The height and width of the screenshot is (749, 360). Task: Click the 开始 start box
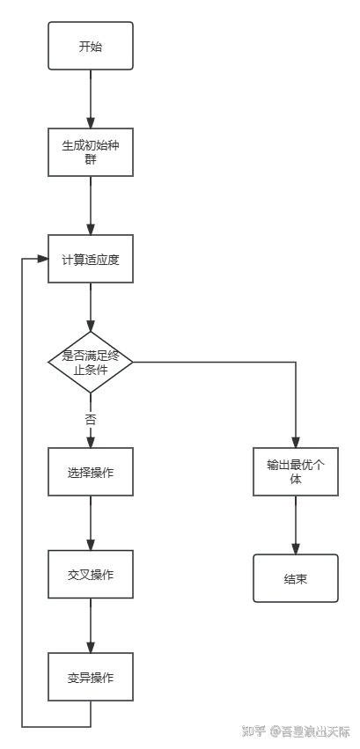90,46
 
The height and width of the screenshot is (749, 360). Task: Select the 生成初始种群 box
90,151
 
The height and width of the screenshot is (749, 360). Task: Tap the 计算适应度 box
90,259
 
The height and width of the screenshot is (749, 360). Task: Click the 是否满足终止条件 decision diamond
90,363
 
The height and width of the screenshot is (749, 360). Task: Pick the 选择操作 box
90,472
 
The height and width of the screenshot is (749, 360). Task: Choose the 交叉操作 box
90,575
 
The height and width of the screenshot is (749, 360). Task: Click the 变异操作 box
90,677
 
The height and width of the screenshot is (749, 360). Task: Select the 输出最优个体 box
296,472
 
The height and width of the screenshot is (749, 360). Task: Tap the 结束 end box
296,578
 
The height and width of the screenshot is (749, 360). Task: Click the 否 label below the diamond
90,419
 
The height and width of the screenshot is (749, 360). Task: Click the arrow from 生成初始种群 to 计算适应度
90,204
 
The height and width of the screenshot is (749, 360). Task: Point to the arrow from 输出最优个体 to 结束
296,525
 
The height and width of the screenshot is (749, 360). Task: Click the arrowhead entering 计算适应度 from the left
42,259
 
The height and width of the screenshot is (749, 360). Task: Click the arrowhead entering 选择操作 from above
90,442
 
